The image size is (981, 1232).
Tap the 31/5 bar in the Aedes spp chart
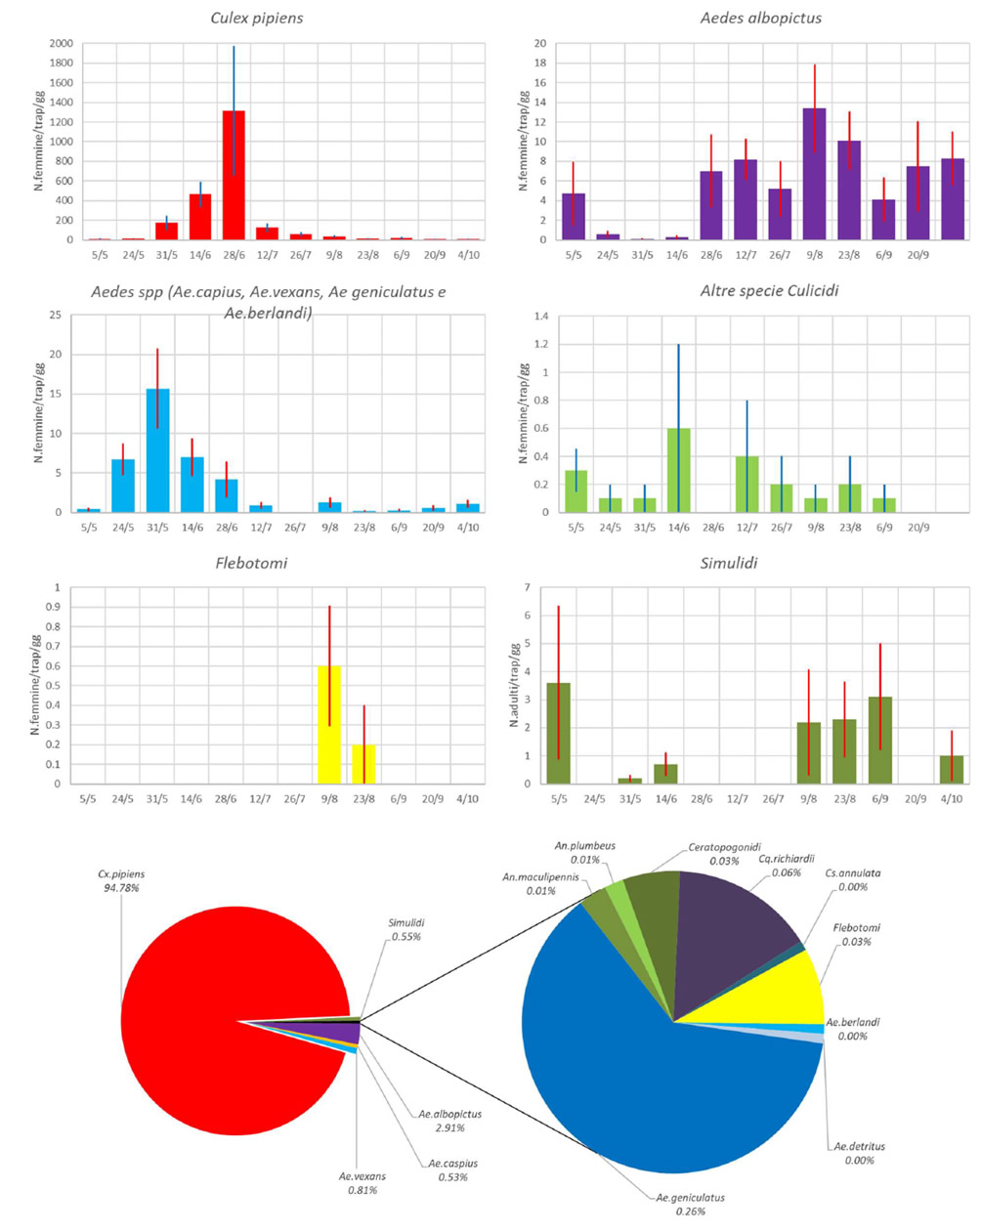point(157,450)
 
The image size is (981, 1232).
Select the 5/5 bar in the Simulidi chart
point(558,733)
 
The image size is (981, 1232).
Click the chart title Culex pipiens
point(257,18)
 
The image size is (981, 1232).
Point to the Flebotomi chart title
point(251,563)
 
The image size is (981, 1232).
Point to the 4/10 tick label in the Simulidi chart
point(951,798)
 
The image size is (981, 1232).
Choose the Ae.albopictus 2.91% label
point(449,1121)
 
